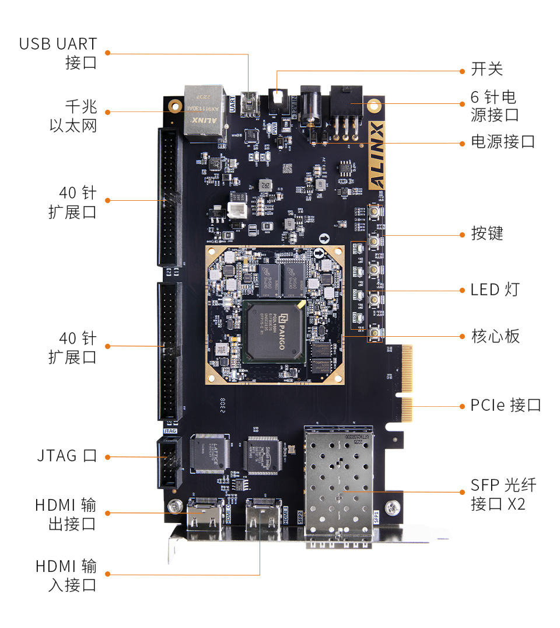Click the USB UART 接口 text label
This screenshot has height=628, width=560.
pos(58,53)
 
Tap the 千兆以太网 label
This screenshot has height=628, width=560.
pos(72,116)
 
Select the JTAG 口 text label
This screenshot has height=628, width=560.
pos(65,456)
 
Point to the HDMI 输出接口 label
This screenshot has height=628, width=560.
pos(65,514)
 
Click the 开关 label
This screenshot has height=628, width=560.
pos(487,69)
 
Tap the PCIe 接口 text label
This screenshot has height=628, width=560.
pos(506,405)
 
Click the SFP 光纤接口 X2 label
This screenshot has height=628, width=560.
pos(503,494)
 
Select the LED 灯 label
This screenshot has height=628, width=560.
pos(494,289)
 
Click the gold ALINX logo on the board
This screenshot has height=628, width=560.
pos(377,155)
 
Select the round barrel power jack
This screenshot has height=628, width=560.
pos(311,108)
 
